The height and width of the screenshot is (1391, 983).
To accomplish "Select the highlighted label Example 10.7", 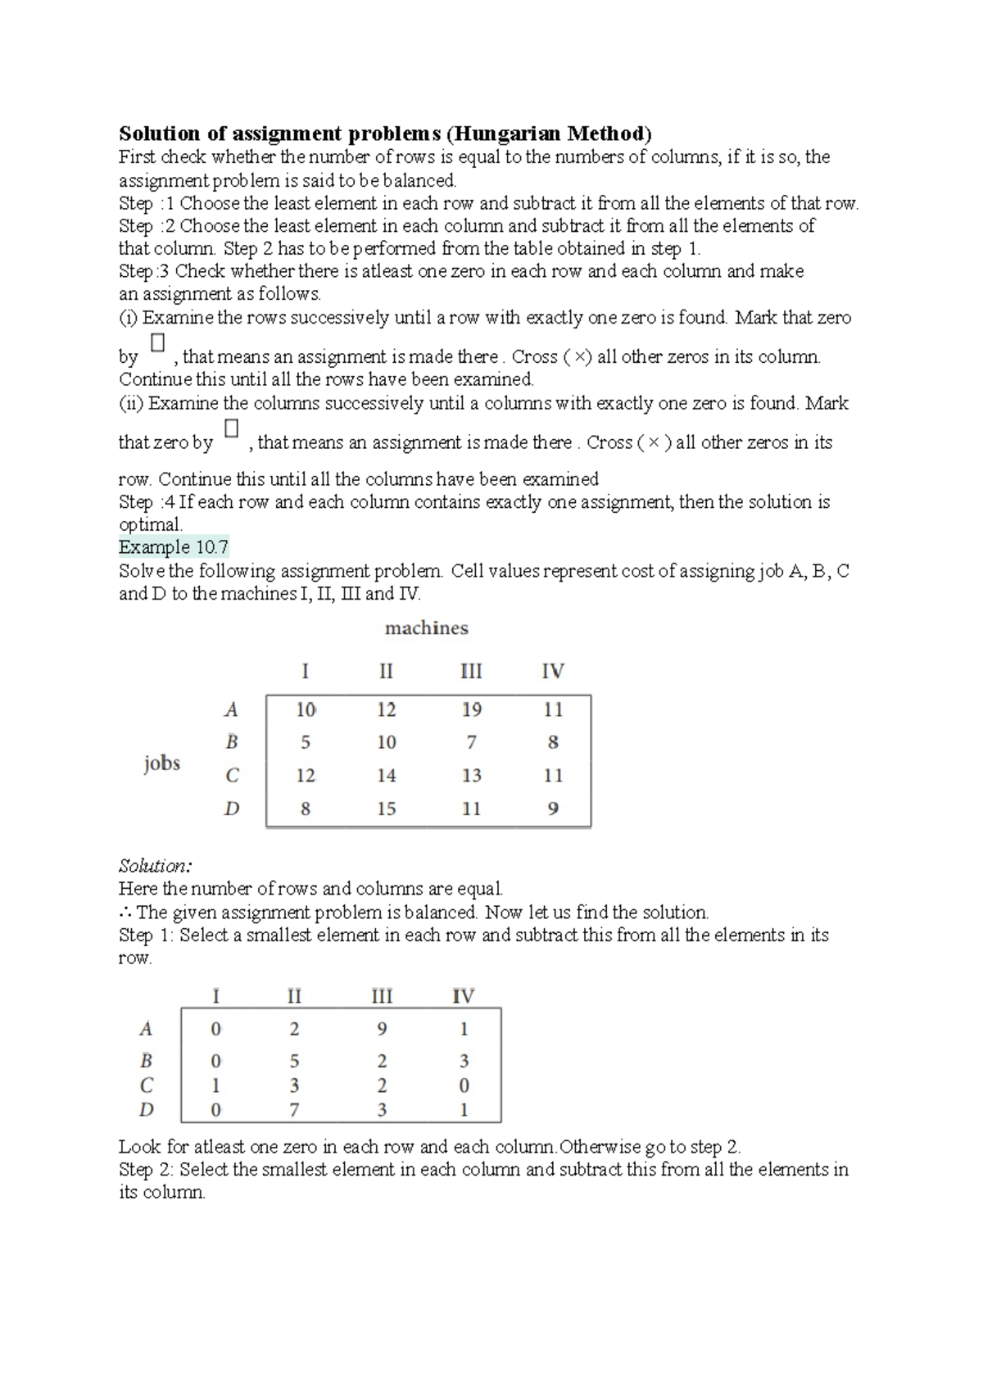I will tap(173, 547).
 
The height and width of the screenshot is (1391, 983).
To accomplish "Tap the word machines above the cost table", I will tap(426, 628).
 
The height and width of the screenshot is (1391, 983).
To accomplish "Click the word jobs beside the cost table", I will tap(161, 763).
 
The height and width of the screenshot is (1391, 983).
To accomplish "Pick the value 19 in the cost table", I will tap(471, 710).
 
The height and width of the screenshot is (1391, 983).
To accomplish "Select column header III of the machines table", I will tap(471, 672).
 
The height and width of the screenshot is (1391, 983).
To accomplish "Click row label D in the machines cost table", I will tap(232, 809).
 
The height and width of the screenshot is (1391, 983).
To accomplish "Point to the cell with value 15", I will tap(386, 809).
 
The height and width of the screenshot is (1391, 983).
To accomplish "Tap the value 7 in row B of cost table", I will tap(471, 743).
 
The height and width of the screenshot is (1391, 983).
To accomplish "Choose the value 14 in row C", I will tap(386, 776).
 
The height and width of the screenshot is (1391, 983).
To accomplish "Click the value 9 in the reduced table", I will tap(382, 1029).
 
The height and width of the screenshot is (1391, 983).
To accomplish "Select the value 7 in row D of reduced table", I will tap(294, 1111).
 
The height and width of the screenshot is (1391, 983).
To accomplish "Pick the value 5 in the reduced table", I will tap(294, 1062).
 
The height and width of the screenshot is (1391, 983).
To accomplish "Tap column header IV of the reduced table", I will tap(463, 996).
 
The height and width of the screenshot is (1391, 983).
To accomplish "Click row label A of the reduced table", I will tap(147, 1029).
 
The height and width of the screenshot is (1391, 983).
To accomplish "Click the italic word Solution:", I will tap(155, 866).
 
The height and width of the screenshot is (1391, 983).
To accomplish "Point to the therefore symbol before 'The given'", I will tap(125, 913).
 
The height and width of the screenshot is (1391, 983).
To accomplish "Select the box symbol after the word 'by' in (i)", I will tap(157, 342).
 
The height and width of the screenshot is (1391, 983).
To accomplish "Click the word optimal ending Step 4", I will tap(149, 525).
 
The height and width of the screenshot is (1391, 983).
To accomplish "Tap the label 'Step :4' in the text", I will tap(146, 502).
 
